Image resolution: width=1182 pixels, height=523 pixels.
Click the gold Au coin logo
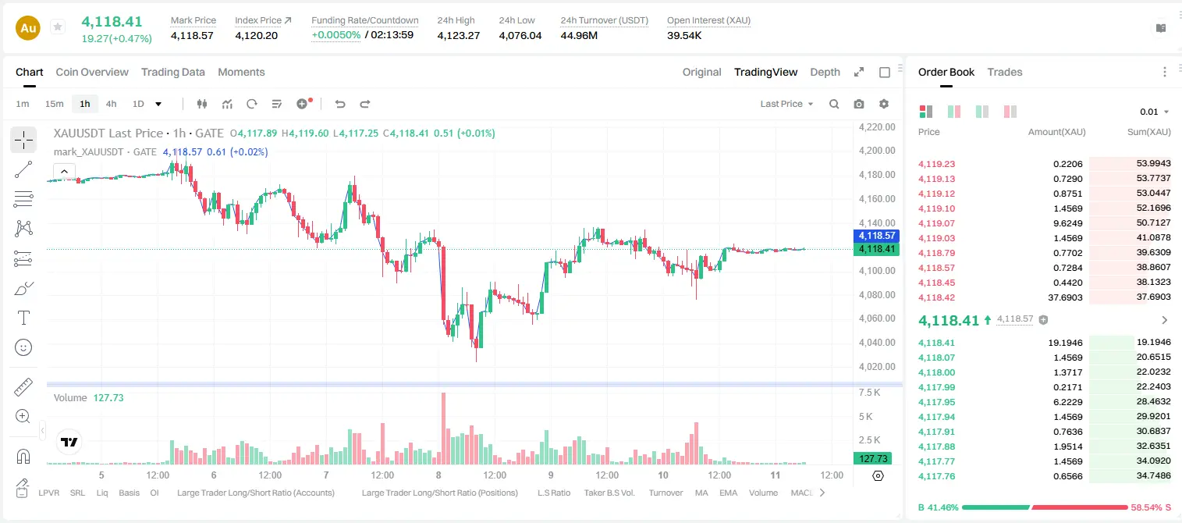[28, 28]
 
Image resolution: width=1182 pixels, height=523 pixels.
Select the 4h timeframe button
[111, 104]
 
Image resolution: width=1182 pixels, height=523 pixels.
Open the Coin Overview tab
[92, 72]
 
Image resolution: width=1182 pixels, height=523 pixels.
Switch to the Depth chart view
[825, 72]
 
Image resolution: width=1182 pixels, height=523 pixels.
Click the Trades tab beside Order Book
[1005, 72]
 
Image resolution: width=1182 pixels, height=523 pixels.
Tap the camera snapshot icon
[859, 104]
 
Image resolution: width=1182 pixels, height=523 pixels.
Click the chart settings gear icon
[884, 104]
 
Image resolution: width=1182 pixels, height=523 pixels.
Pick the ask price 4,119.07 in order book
[936, 223]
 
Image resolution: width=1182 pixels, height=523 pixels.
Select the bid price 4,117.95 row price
[936, 402]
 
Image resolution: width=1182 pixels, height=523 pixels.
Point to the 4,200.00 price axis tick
[877, 151]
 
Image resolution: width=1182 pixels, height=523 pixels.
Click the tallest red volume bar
[443, 429]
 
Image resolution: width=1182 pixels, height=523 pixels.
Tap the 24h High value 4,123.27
[458, 35]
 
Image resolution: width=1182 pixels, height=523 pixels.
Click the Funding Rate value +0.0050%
[335, 35]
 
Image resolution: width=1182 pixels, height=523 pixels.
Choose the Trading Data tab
[172, 72]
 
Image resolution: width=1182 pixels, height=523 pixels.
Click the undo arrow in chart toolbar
[340, 104]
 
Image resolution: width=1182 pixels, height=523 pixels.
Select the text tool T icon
[23, 318]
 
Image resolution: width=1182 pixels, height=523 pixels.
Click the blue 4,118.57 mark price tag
[876, 236]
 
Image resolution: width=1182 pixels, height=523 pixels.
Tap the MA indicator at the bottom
[701, 493]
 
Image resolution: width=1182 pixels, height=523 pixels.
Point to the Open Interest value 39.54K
[684, 35]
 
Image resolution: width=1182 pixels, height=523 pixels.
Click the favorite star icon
[58, 27]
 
